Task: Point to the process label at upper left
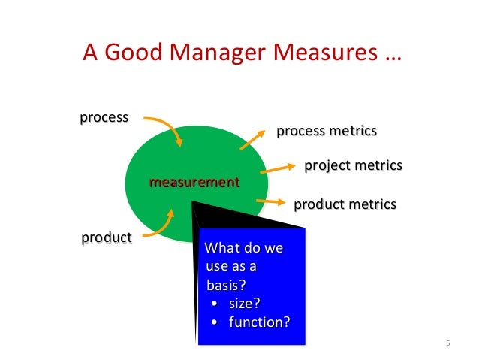[x=104, y=118]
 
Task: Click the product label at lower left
[x=107, y=238]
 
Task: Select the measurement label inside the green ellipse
[x=194, y=183]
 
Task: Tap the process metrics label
[x=327, y=132]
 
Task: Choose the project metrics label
[x=353, y=165]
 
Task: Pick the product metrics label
[x=345, y=204]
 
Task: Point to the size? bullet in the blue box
[x=243, y=304]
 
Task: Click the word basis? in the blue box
[x=227, y=286]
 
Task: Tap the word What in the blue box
[x=221, y=249]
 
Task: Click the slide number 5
[x=447, y=345]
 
